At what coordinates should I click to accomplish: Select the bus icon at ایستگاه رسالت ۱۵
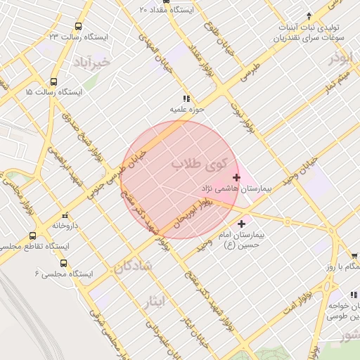54,82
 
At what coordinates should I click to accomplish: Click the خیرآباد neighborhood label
91,63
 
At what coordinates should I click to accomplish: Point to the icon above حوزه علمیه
186,98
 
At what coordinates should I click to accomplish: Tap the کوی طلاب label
199,165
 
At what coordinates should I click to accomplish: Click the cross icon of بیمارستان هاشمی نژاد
236,178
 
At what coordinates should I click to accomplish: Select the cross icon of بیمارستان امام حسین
243,224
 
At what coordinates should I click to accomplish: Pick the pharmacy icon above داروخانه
65,215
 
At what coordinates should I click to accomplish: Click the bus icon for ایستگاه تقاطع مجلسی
32,236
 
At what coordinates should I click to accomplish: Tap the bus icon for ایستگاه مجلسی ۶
64,263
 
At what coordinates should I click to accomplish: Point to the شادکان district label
131,268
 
